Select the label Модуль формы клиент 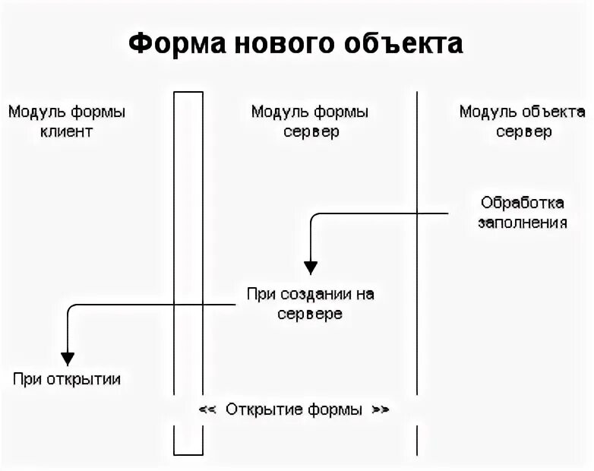[x=67, y=122]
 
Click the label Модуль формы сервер [x=310, y=122]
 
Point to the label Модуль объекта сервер [x=523, y=122]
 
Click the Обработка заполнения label [x=523, y=213]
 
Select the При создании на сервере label [x=310, y=303]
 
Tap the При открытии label [x=67, y=379]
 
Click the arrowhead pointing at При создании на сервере [x=311, y=267]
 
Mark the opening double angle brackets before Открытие [x=207, y=409]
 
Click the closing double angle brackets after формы [x=380, y=409]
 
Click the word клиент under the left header [x=67, y=131]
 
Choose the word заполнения [x=523, y=223]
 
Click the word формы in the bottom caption [x=335, y=409]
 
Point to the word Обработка [x=523, y=203]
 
